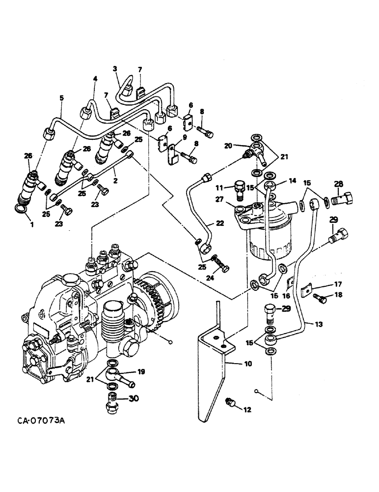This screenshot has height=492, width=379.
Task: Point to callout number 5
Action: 61,98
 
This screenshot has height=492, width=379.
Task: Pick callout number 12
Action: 247,409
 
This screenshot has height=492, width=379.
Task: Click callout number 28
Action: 338,184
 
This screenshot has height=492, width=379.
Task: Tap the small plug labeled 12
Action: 229,403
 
